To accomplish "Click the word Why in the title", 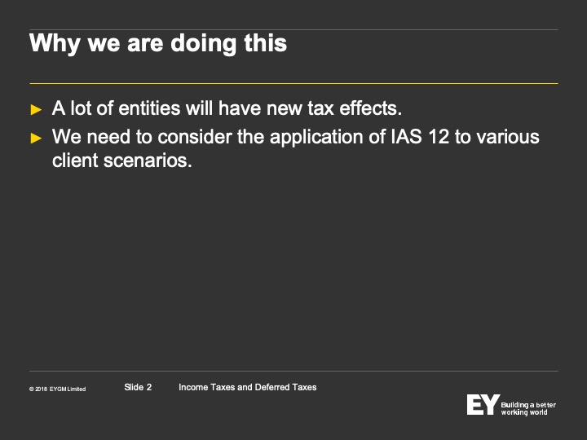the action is click(55, 44).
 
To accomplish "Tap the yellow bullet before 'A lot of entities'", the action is click(36, 110).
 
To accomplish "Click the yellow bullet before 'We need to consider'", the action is click(36, 138).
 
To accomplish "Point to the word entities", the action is click(149, 108).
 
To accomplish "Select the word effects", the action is click(370, 108).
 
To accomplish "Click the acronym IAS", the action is click(406, 137).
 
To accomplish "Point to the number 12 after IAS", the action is click(439, 137).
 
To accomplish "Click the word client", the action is click(75, 161).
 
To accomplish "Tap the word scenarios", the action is click(148, 161).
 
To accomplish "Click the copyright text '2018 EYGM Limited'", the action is click(57, 389).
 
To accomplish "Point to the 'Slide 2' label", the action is click(138, 387).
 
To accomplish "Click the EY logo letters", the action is click(483, 404).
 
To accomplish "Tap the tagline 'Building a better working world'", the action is click(528, 408).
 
